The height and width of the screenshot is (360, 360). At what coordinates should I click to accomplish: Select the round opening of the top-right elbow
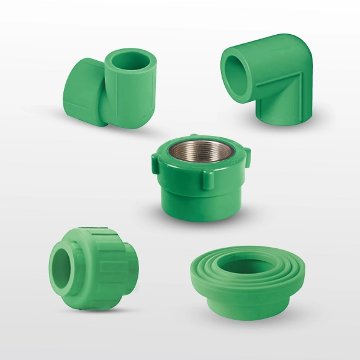point(238,73)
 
